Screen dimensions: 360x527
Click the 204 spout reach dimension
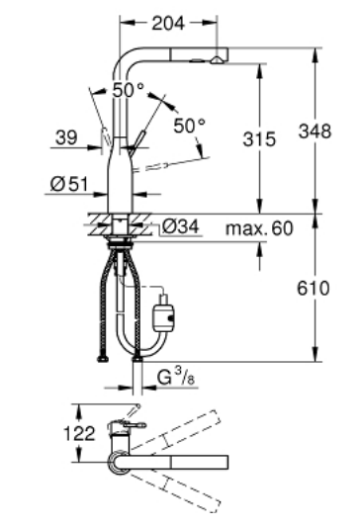click(x=168, y=23)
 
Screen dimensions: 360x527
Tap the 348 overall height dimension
click(x=315, y=131)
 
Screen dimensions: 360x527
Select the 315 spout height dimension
click(x=259, y=138)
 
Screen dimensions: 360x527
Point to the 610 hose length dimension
click(x=313, y=288)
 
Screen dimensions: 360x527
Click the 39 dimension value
click(x=66, y=137)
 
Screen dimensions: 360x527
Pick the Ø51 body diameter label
click(x=69, y=184)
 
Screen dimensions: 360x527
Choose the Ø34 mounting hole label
click(x=181, y=226)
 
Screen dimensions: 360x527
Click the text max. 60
click(x=259, y=228)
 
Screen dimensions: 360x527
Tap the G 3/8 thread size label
click(x=175, y=377)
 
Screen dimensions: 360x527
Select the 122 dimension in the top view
click(x=79, y=434)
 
